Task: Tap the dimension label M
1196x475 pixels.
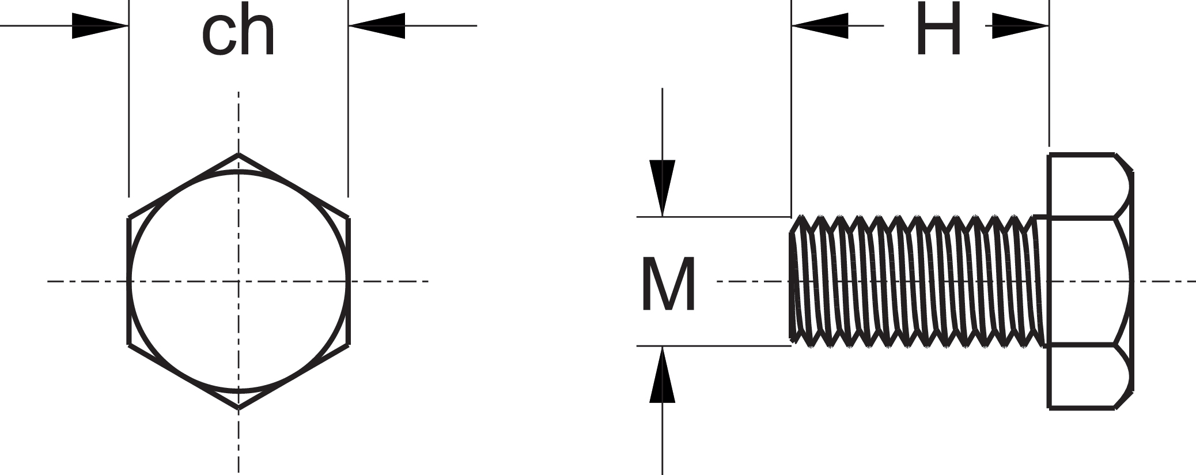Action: coord(668,285)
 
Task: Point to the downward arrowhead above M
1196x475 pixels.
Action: coord(663,188)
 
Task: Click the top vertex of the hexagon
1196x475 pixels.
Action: coord(239,154)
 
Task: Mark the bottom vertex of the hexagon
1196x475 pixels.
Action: coord(239,408)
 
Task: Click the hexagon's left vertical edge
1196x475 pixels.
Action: coord(128,281)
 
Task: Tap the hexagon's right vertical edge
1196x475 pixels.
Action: coord(349,281)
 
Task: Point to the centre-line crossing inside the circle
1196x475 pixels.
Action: coord(239,281)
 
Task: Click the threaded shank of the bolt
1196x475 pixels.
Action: coord(916,281)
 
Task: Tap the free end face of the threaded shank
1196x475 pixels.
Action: coord(792,281)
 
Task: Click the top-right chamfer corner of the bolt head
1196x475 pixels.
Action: coord(1124,162)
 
